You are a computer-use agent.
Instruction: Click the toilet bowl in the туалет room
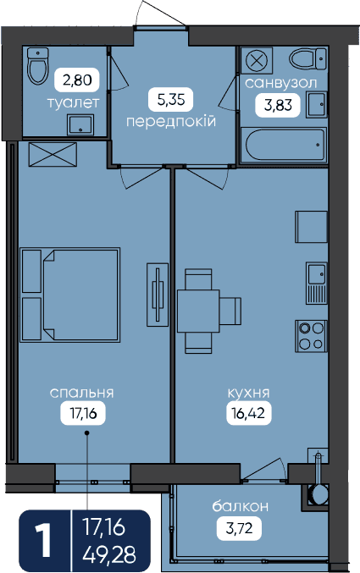[x=38, y=66]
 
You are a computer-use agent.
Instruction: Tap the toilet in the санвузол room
[x=307, y=58]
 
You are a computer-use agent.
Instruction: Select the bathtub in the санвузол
[x=285, y=145]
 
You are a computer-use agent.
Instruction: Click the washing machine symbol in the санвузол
[x=257, y=60]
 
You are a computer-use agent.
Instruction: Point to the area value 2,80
[x=77, y=80]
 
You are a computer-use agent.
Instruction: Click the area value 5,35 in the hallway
[x=171, y=99]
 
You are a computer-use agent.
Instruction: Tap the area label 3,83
[x=278, y=105]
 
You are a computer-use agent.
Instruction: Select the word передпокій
[x=171, y=121]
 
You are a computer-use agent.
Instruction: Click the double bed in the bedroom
[x=69, y=295]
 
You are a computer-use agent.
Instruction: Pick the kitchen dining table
[x=198, y=311]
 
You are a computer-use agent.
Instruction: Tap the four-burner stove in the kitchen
[x=312, y=336]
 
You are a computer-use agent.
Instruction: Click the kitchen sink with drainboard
[x=317, y=284]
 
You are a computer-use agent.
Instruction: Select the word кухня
[x=249, y=394]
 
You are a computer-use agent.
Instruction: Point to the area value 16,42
[x=248, y=413]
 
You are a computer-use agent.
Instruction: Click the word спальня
[x=82, y=393]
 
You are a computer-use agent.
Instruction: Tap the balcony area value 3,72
[x=239, y=528]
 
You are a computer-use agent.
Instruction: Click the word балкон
[x=241, y=506]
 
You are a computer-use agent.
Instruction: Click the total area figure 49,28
[x=109, y=554]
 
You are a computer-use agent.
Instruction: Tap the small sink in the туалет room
[x=80, y=124]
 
